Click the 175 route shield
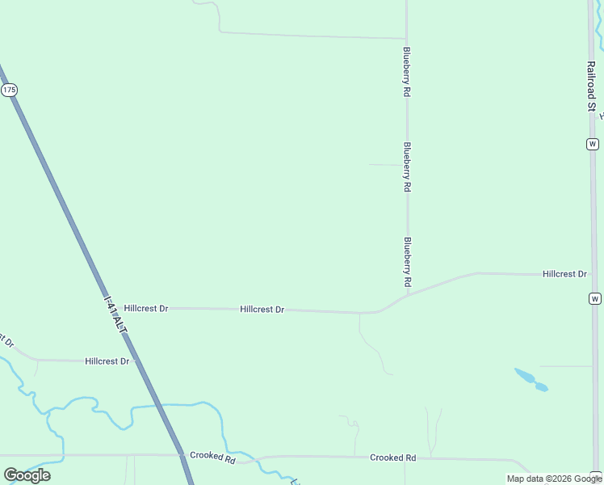point(9,91)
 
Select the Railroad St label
point(591,85)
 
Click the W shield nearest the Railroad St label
point(594,144)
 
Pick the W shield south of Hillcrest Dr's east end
point(595,298)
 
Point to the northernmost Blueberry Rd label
point(407,73)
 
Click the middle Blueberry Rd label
point(407,167)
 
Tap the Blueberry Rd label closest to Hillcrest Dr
point(408,263)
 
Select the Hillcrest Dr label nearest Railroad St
point(564,274)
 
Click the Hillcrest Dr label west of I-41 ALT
point(107,361)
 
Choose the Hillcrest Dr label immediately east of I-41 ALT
point(146,309)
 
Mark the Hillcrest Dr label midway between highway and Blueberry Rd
point(262,310)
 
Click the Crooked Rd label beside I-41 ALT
point(212,457)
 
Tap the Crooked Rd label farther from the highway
point(392,458)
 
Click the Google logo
point(27,474)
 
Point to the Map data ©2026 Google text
point(553,479)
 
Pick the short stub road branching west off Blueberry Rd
point(386,165)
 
